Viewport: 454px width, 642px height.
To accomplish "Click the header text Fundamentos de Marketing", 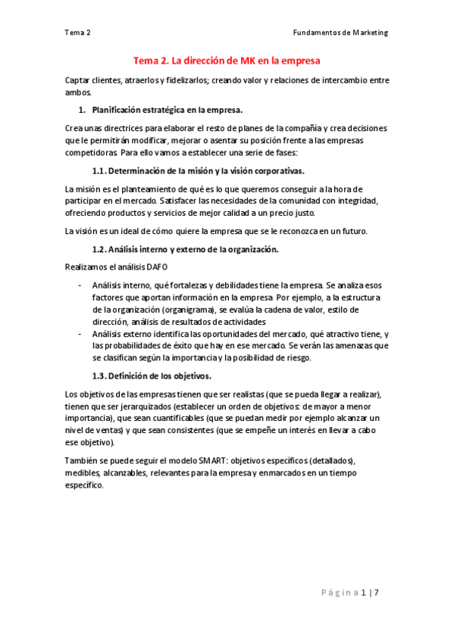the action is click(x=340, y=33).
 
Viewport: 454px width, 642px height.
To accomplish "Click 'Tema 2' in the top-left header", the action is click(x=78, y=33).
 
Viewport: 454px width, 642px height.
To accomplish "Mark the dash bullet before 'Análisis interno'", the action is click(x=80, y=285).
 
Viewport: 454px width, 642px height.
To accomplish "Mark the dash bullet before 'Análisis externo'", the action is click(x=80, y=334).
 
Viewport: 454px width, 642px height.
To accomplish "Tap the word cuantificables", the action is click(x=168, y=418).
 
